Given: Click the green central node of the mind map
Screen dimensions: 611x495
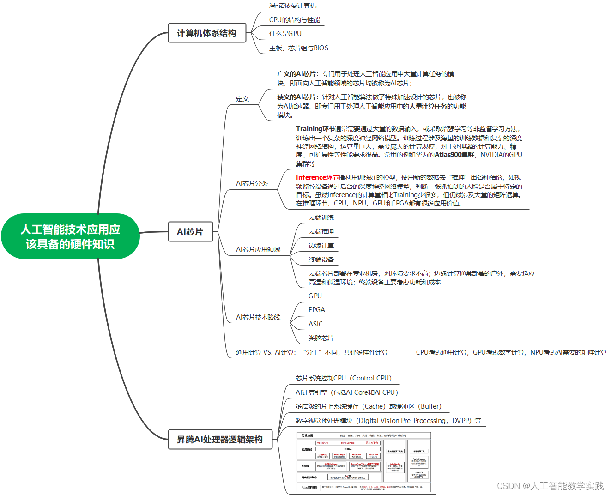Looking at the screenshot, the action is click(x=70, y=236).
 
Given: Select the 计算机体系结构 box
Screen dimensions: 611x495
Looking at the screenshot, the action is click(x=206, y=33).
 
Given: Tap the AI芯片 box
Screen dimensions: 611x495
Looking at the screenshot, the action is click(x=190, y=232).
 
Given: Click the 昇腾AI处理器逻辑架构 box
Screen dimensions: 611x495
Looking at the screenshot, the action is click(x=220, y=440).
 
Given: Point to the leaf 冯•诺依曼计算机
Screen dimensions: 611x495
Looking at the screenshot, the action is click(x=293, y=6).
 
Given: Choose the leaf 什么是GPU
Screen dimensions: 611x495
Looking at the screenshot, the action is click(x=285, y=34).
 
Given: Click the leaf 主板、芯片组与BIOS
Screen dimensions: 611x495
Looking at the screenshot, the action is click(x=298, y=48).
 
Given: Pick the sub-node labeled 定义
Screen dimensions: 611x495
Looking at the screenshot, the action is click(x=242, y=99).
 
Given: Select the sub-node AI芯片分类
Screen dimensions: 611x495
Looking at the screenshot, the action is click(x=252, y=183).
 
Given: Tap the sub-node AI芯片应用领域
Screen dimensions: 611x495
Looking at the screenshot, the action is click(x=258, y=249).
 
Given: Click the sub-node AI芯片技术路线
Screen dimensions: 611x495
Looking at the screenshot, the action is click(x=258, y=317).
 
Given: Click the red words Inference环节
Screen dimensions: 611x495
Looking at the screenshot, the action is click(x=317, y=177).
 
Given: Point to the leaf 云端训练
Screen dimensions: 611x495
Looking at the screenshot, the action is click(x=321, y=217).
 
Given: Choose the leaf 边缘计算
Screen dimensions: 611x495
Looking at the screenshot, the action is click(x=321, y=246).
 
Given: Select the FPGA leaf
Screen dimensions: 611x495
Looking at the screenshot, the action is click(x=316, y=310).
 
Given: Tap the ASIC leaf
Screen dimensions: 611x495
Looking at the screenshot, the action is click(x=315, y=324).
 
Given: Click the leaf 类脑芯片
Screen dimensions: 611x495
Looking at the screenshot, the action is click(x=321, y=338).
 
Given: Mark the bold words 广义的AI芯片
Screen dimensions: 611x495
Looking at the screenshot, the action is click(x=296, y=74).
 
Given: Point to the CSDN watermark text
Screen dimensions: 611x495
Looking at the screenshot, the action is click(x=550, y=486).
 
